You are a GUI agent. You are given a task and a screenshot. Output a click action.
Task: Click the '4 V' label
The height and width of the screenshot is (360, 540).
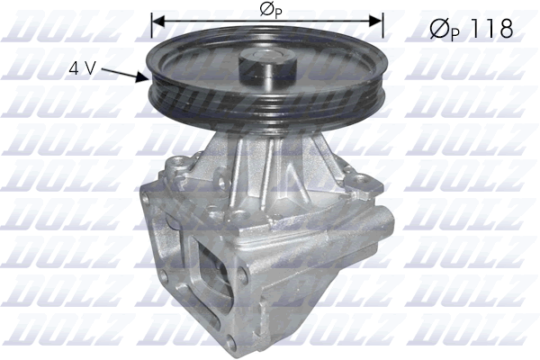pos(80,66)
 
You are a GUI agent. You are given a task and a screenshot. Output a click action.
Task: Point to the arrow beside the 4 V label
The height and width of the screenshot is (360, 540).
pos(122,72)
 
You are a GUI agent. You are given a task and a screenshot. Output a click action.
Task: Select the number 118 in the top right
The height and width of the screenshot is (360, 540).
pos(489,29)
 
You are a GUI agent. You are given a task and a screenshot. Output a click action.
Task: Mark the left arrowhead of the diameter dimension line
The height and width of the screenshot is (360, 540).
pos(157,17)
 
